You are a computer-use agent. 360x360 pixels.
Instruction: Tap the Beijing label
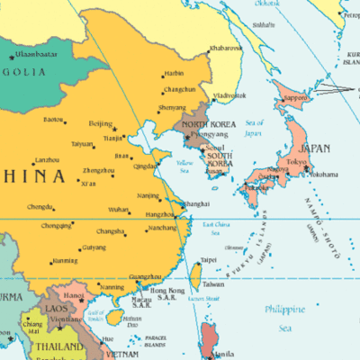point(101,123)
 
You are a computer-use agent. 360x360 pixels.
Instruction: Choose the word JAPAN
point(314,148)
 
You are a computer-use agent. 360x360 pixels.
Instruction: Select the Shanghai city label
point(195,204)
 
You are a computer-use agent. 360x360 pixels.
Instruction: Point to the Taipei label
point(208,260)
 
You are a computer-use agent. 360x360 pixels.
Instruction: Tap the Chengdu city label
point(40,207)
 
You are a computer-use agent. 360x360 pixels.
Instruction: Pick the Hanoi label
point(73,294)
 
